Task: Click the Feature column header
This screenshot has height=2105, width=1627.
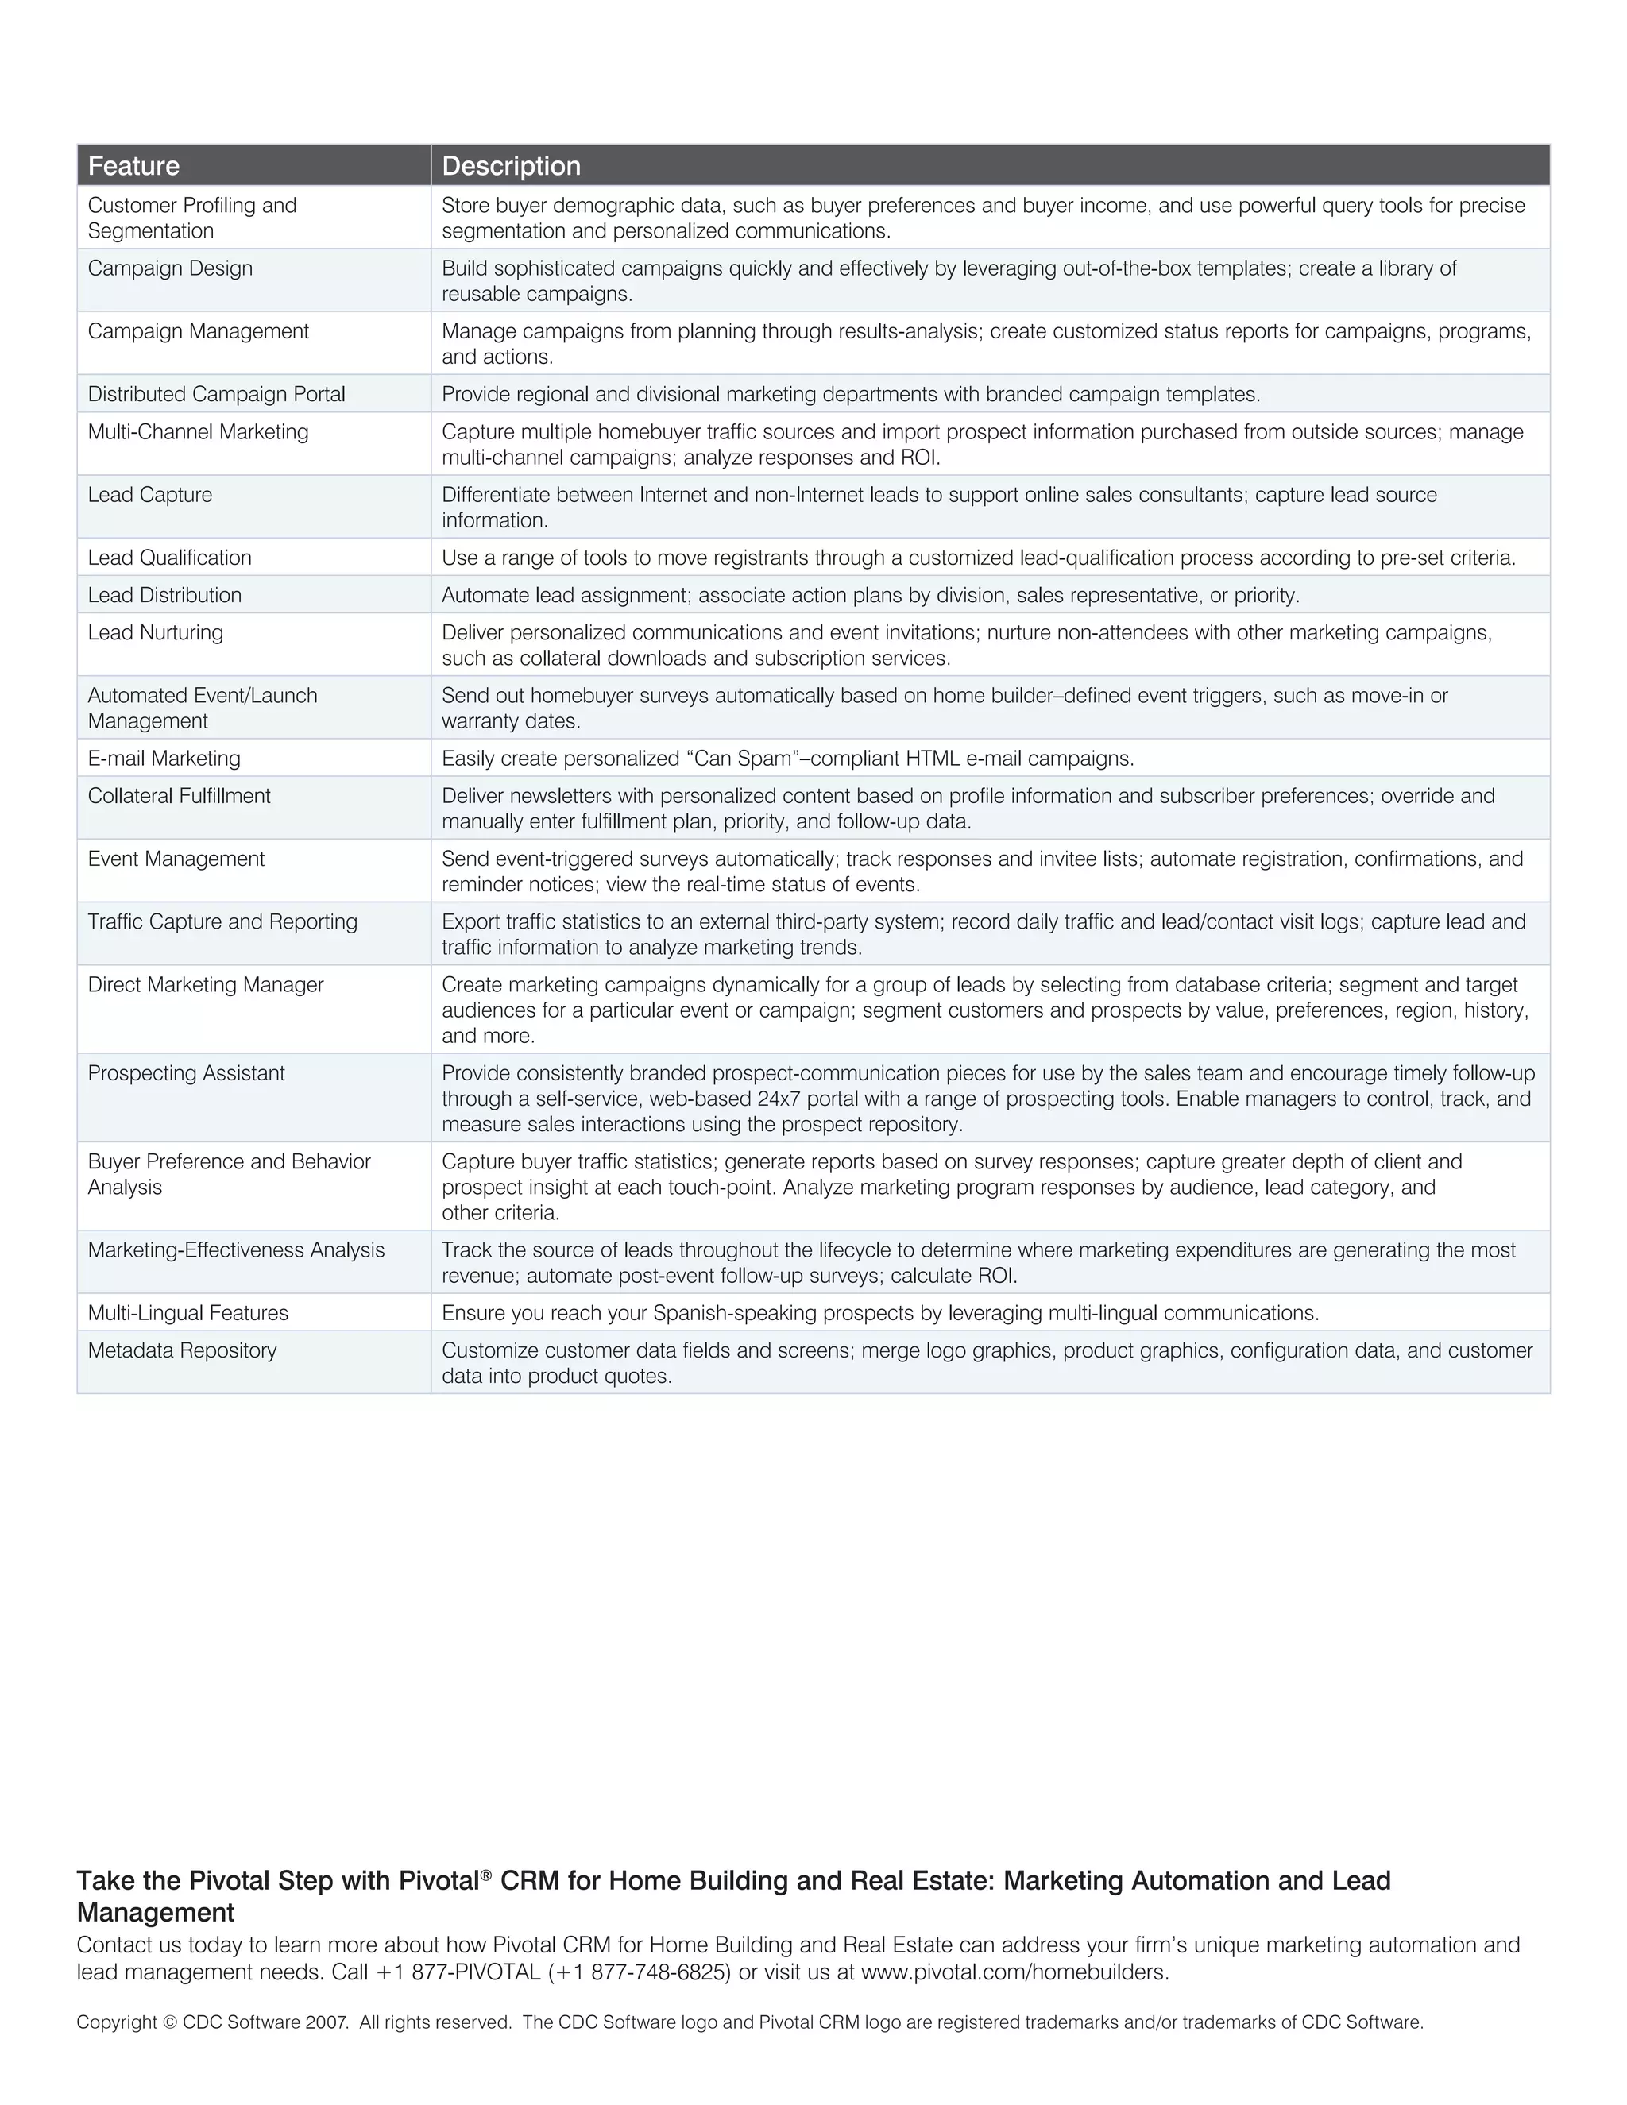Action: (134, 166)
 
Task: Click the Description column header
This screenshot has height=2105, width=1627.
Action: (511, 166)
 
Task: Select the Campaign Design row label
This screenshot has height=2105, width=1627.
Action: (170, 269)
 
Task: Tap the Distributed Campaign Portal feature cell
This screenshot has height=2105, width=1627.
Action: (216, 394)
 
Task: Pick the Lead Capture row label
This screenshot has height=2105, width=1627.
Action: (149, 496)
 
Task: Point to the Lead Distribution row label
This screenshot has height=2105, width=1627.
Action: (164, 596)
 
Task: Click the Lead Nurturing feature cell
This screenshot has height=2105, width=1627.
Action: (155, 633)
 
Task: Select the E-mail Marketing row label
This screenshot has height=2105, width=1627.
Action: (164, 759)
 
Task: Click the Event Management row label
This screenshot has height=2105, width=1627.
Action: (176, 859)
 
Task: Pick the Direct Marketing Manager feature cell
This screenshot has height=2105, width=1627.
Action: (205, 985)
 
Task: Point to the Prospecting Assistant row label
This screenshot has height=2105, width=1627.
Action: (186, 1074)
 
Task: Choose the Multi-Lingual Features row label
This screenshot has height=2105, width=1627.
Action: (188, 1313)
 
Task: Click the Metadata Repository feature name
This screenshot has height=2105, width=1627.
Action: (181, 1350)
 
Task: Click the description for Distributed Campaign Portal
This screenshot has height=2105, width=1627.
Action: (850, 394)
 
